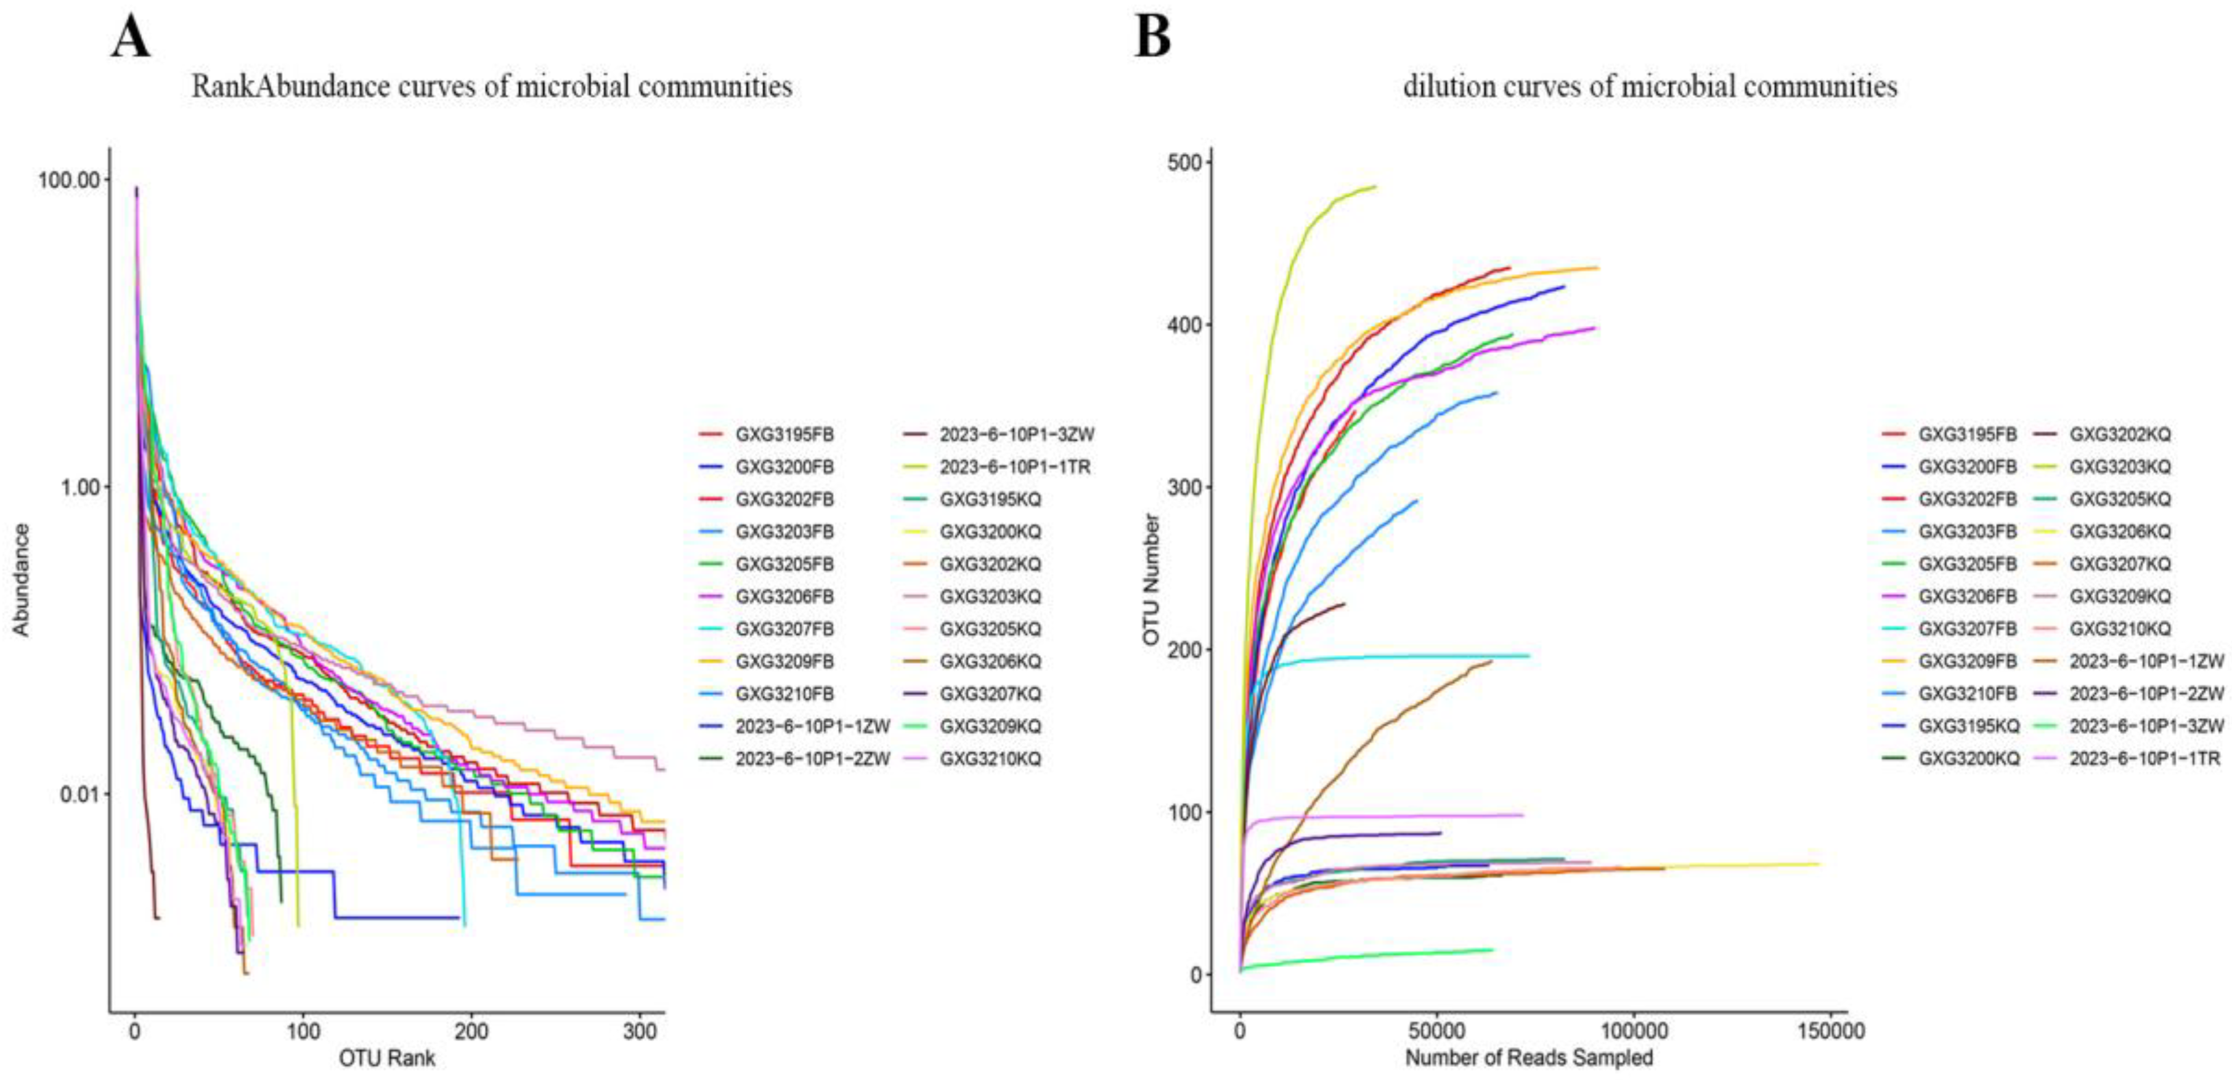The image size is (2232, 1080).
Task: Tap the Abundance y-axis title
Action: tap(21, 580)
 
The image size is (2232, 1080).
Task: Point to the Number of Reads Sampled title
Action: tap(1528, 1057)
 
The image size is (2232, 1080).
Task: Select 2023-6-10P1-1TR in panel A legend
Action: tap(1014, 467)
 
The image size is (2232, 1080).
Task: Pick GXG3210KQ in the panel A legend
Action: tap(990, 759)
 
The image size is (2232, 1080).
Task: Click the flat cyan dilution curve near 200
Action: tap(1430, 656)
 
